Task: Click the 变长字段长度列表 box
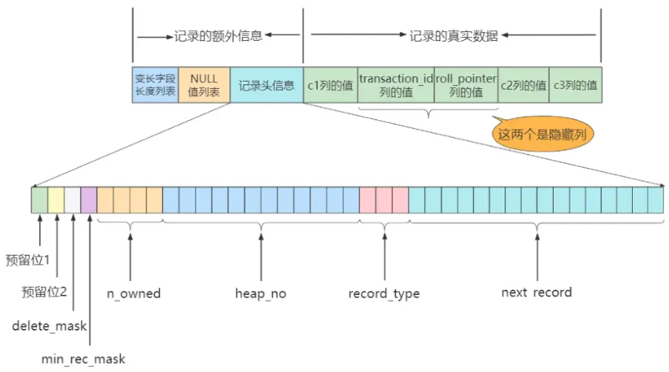155,84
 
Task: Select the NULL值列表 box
204,84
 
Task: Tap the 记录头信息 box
266,85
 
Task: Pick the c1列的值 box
330,85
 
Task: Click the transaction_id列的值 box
395,84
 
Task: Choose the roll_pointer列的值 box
465,84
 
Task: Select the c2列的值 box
522,85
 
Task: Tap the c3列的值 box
575,85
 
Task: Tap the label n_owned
134,293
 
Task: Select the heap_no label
260,293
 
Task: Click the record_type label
384,293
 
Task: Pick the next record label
537,292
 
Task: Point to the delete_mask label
49,325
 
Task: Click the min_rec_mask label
84,359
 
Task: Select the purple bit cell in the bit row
89,200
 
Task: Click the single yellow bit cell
56,200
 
